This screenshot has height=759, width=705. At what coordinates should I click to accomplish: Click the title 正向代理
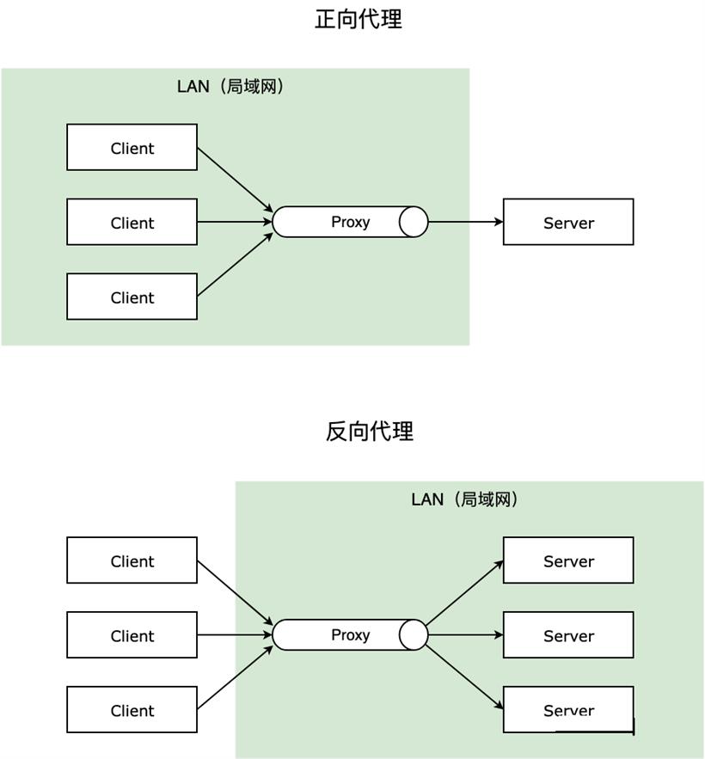[359, 20]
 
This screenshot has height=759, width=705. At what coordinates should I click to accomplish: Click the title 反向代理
[370, 431]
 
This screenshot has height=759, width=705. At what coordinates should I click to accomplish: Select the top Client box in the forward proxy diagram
[132, 147]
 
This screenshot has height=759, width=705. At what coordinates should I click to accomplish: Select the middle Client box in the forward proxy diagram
[132, 222]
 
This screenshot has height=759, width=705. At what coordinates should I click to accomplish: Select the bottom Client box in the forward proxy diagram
[132, 297]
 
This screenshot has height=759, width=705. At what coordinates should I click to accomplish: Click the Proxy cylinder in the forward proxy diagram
[350, 222]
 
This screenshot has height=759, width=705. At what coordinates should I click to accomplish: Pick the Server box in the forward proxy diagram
[568, 222]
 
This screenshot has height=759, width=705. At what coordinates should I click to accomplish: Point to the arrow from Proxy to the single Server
[466, 222]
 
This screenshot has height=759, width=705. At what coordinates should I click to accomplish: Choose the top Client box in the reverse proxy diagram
[132, 560]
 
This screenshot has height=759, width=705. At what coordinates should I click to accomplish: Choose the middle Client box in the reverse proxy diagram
[132, 634]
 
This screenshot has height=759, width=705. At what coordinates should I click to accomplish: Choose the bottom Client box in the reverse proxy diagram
[132, 709]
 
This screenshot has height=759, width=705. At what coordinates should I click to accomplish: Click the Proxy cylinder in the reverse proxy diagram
[350, 634]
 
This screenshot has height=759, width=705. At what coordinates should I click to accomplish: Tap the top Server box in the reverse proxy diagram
[568, 560]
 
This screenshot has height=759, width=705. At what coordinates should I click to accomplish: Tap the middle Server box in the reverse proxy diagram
[568, 634]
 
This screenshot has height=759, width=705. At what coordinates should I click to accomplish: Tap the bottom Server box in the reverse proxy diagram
[568, 709]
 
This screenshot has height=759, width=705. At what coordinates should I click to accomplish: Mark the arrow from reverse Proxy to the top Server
[464, 592]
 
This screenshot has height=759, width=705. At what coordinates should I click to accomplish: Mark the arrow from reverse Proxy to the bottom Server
[464, 677]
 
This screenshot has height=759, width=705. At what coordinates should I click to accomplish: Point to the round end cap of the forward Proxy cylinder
[414, 222]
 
